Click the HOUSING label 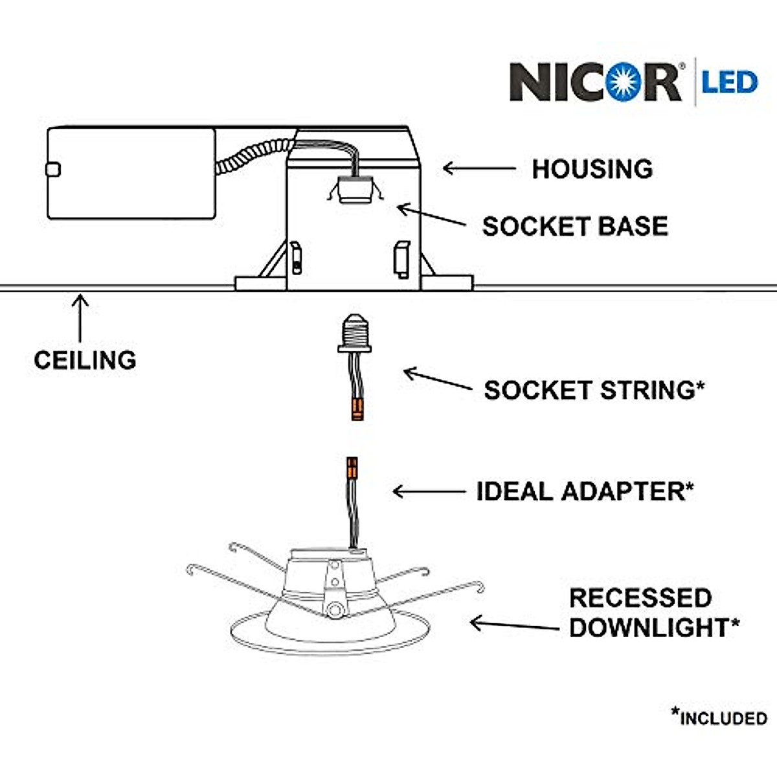(592, 169)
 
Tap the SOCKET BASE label (575, 226)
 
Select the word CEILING (85, 360)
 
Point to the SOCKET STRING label (594, 390)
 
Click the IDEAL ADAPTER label (585, 491)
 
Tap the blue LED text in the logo (730, 82)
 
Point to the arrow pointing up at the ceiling (80, 318)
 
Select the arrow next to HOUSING (479, 168)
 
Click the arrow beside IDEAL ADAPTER (429, 491)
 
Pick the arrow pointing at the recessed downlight (515, 625)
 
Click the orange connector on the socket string (357, 409)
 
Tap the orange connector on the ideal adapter (352, 467)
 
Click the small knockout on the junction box (53, 170)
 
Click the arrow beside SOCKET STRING (438, 379)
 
